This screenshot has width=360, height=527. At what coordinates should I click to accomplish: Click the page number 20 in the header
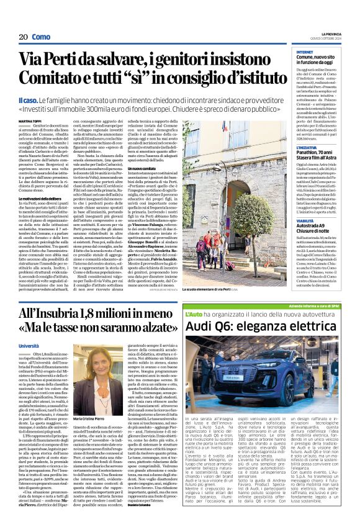click(x=23, y=37)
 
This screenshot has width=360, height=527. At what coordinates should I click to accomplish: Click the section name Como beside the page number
click(x=42, y=37)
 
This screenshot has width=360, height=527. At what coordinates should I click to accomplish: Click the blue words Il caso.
click(x=29, y=101)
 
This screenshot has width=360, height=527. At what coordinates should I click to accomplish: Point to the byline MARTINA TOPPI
click(x=30, y=120)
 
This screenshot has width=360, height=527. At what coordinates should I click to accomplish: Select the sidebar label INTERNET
click(x=287, y=52)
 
